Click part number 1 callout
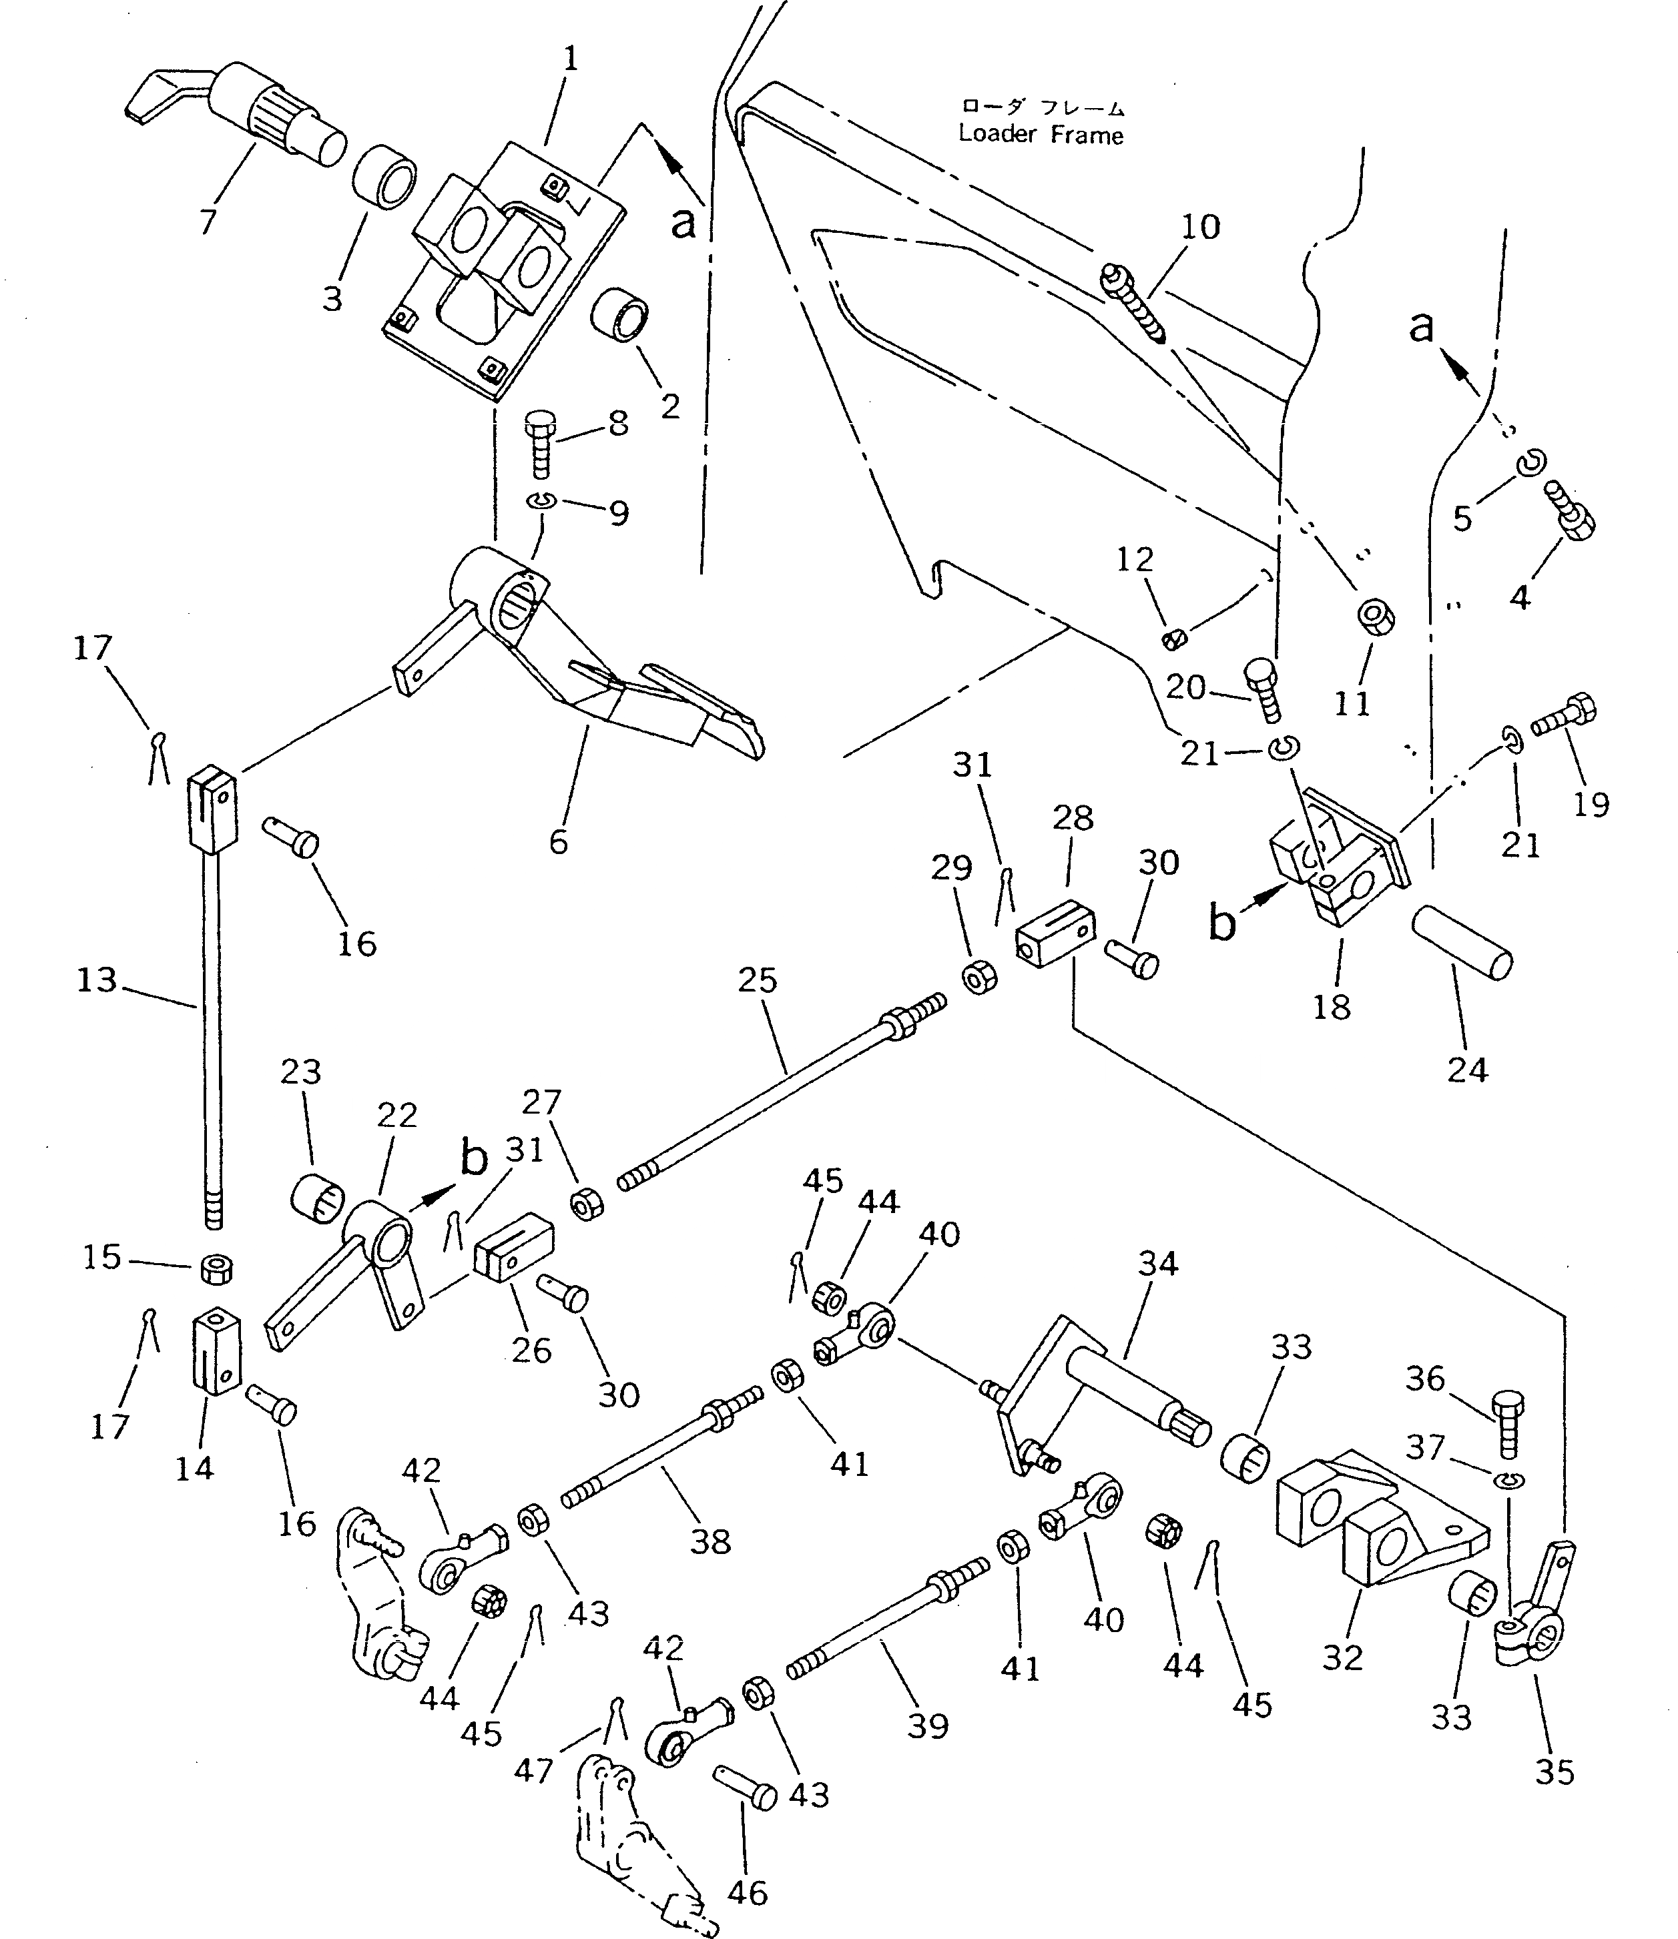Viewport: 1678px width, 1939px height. pos(570,59)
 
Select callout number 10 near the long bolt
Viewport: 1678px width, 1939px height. pos(1201,227)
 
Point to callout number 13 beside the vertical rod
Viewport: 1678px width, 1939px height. pos(96,980)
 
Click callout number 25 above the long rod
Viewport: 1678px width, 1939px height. pos(758,980)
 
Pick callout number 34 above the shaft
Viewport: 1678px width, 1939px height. pos(1157,1264)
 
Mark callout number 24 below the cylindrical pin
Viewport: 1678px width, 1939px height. pos(1467,1069)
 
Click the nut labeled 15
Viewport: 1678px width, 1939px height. pos(217,1270)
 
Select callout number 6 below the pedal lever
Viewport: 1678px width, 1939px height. pos(558,841)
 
